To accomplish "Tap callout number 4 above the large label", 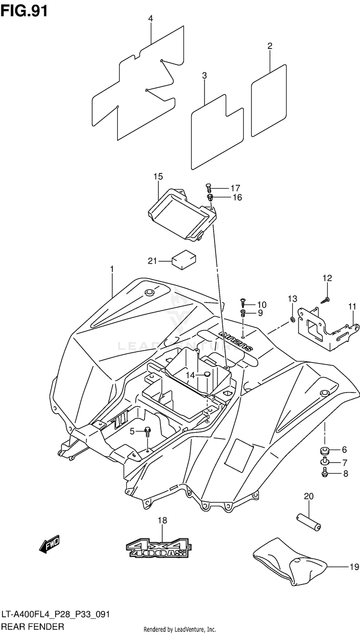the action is [x=150, y=19].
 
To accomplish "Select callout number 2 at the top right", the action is [x=270, y=46].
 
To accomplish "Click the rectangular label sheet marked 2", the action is [x=269, y=100].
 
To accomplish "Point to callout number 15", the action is [x=158, y=177].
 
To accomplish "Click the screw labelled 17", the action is [x=208, y=188].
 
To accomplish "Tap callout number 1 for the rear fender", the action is [x=112, y=268].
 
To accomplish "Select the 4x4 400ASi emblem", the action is [x=158, y=549].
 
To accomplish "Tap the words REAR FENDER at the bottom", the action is [x=33, y=626].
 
